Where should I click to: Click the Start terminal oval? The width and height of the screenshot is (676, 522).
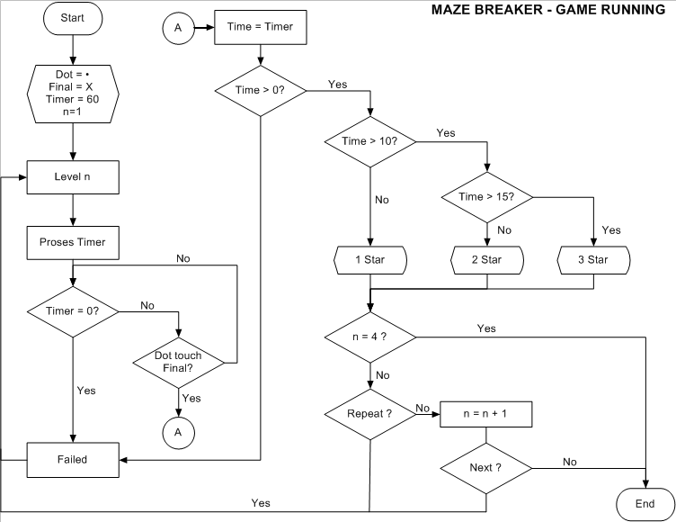(71, 18)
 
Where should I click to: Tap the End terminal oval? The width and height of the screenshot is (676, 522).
(645, 504)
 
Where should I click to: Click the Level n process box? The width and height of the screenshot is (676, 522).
(71, 177)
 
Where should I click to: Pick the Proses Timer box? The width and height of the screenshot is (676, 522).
(71, 242)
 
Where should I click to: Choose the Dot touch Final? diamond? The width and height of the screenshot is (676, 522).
(178, 362)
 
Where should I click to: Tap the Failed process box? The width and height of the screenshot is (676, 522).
(71, 459)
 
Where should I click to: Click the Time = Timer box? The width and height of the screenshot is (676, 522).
(261, 27)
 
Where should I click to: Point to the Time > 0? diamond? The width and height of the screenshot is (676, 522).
(261, 89)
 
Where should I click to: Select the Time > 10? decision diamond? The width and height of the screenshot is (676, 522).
(370, 141)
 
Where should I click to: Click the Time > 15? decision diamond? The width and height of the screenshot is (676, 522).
(486, 196)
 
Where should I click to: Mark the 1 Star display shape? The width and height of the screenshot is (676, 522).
(370, 260)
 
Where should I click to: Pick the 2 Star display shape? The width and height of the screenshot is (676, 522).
(486, 260)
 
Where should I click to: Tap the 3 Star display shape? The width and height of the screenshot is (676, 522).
(593, 260)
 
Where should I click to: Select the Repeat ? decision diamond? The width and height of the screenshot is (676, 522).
(370, 414)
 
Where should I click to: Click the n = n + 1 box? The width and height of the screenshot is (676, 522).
(486, 414)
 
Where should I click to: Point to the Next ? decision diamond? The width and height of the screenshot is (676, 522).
(486, 468)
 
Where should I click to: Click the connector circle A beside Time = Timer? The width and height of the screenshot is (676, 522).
(177, 28)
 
